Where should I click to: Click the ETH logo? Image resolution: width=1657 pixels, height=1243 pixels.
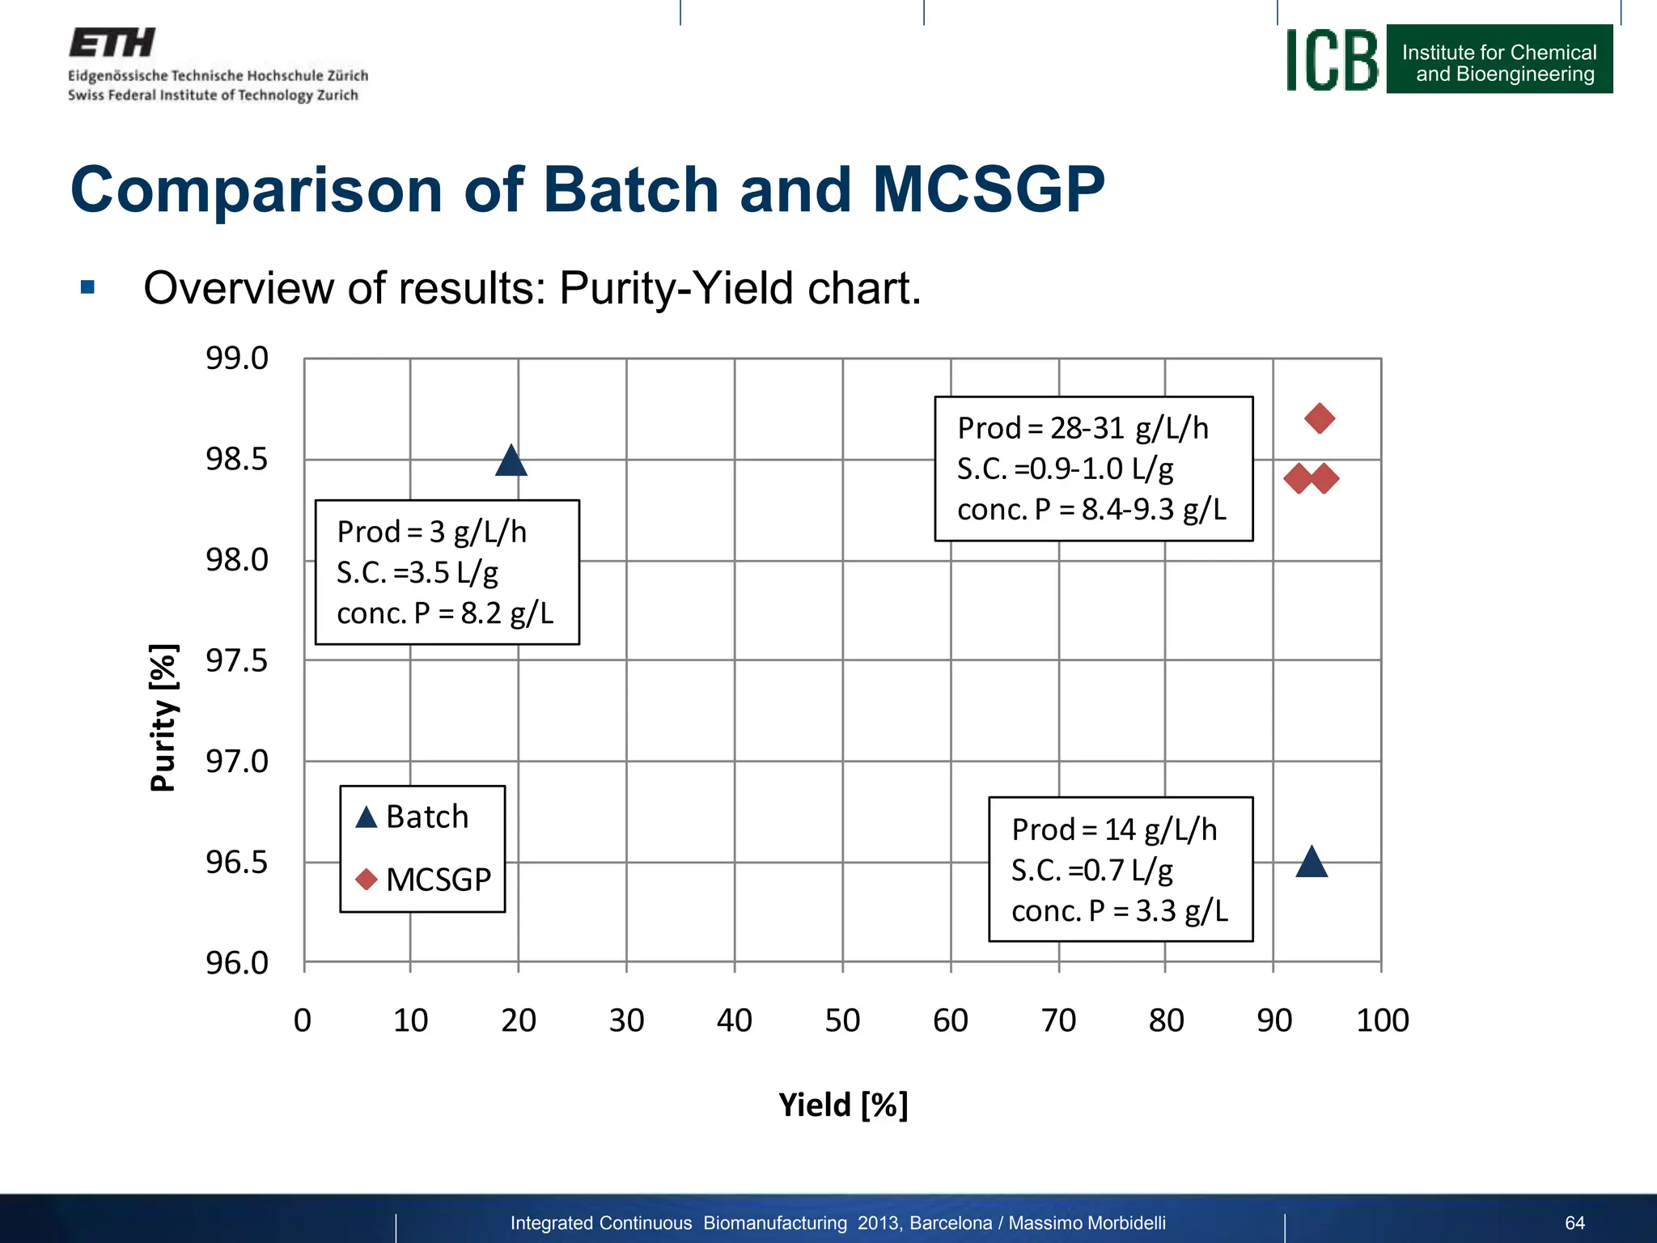click(112, 43)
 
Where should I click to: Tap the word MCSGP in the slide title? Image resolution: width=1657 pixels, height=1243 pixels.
click(988, 189)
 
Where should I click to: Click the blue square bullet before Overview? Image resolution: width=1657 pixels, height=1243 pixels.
click(87, 287)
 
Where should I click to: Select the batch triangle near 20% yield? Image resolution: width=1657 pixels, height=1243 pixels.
click(511, 462)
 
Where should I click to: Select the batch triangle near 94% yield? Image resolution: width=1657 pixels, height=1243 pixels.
click(1312, 863)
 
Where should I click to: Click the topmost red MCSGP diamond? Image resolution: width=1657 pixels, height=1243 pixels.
click(1320, 418)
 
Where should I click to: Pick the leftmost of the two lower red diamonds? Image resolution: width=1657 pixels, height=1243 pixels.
click(1299, 478)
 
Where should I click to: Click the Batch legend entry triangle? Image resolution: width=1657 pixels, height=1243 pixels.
click(367, 817)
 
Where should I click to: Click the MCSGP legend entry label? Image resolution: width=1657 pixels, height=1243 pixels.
click(439, 880)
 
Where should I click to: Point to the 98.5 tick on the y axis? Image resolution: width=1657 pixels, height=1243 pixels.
click(236, 459)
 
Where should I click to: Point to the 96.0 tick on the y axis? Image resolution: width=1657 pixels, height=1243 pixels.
click(236, 963)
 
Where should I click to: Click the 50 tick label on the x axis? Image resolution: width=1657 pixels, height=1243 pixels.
click(842, 1020)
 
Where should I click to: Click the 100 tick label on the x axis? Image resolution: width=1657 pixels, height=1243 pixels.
click(1382, 1020)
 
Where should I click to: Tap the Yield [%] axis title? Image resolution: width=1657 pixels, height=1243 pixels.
click(843, 1105)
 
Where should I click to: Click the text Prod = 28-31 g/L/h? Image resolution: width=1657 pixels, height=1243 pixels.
click(1083, 428)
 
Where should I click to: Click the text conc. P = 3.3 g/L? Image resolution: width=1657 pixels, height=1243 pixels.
click(1120, 911)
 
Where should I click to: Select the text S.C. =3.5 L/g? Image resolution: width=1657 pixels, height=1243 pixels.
click(417, 573)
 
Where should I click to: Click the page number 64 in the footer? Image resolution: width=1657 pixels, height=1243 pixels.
click(1574, 1223)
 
